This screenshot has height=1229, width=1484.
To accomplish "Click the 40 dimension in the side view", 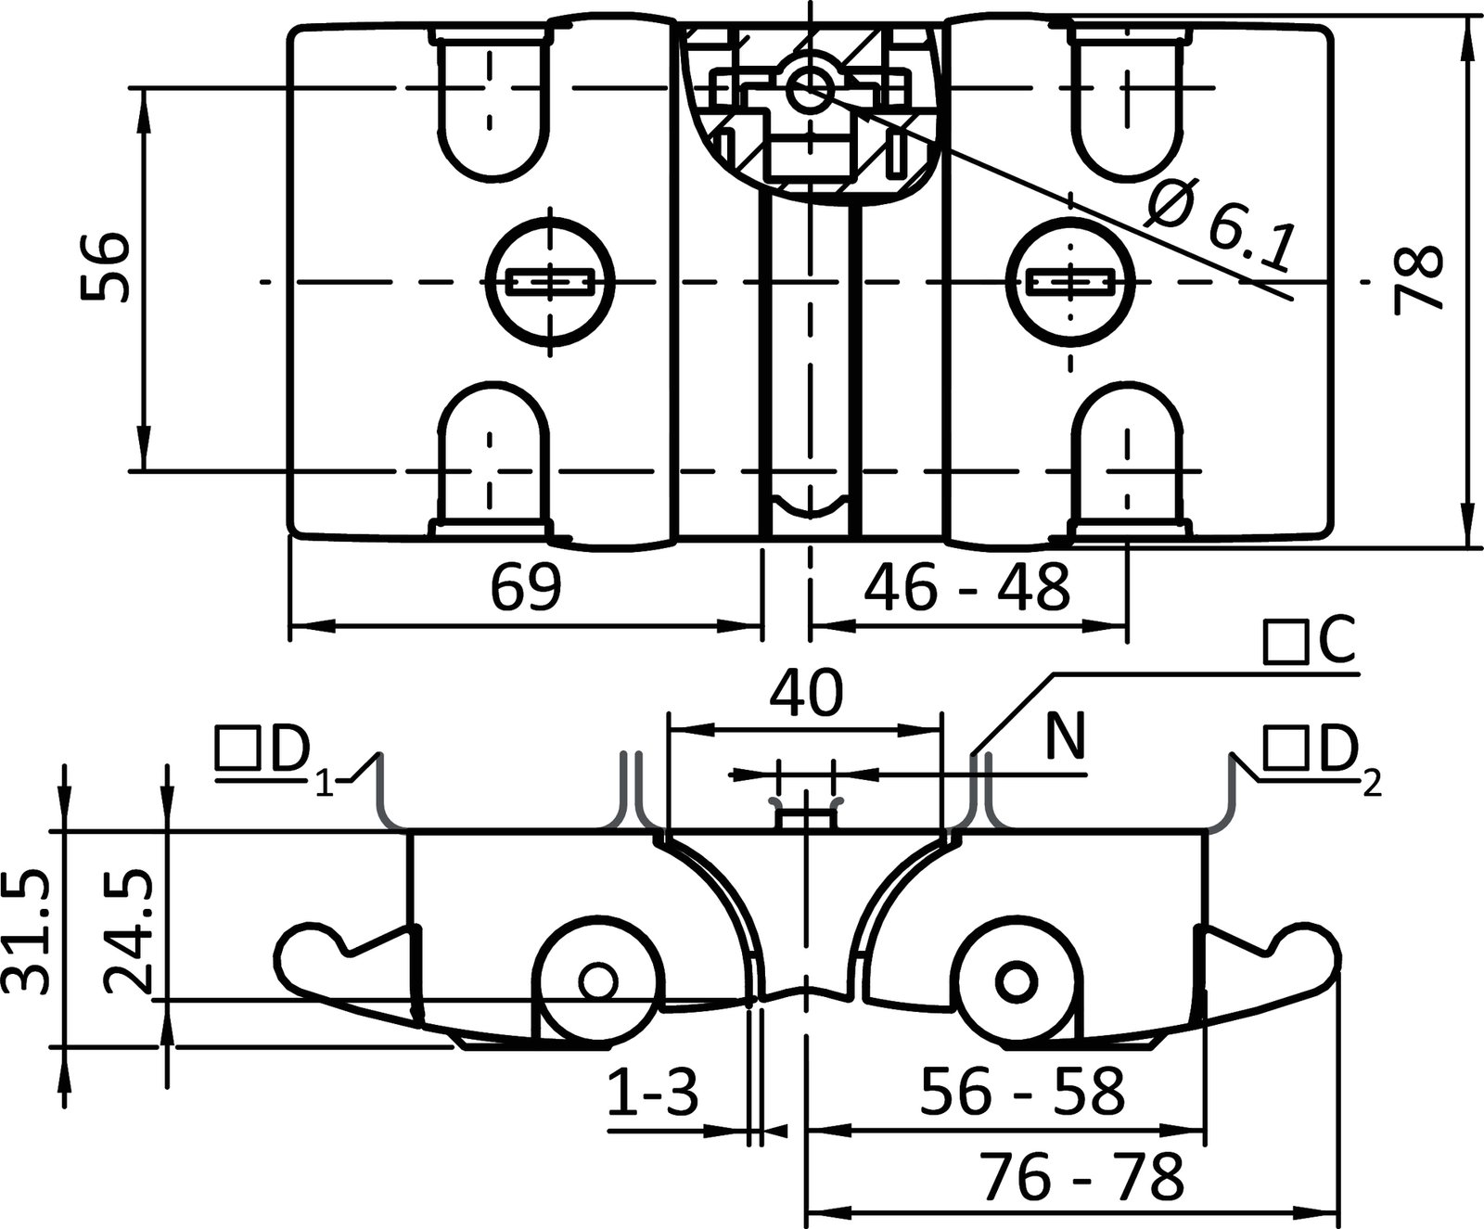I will pos(805,693).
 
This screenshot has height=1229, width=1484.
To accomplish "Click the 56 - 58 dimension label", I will pos(1022,1092).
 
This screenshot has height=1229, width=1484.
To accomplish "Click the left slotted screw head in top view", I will pos(550,281).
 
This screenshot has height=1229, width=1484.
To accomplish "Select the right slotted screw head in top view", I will pos(1071,281).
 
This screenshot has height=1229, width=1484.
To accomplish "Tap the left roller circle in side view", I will pos(596,979).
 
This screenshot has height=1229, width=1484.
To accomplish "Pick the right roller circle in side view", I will pos(1017,979).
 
